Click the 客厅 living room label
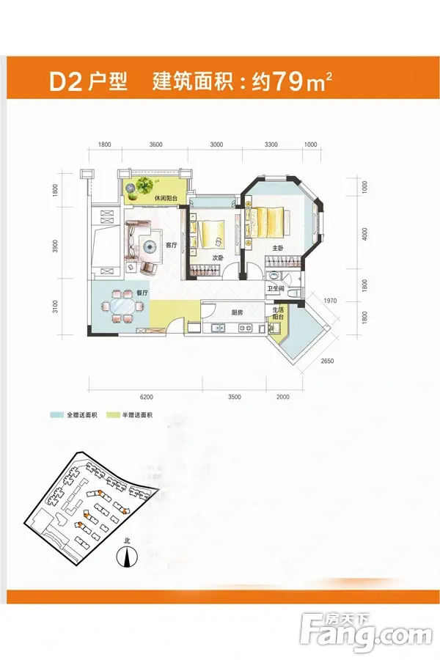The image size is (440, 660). (x=171, y=245)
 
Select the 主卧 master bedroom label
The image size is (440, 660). (x=278, y=249)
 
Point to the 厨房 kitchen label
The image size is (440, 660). (x=236, y=312)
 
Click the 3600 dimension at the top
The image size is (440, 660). (x=155, y=145)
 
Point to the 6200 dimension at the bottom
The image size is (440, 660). (x=146, y=397)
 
